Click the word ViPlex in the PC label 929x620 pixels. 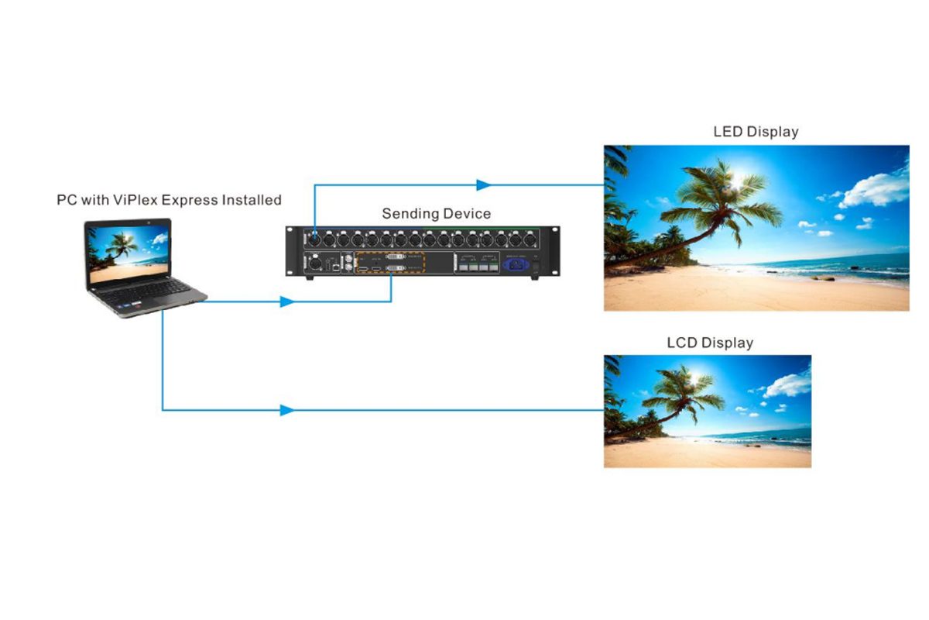[136, 200]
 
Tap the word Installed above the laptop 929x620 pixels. [252, 200]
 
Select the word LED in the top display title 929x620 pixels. [727, 132]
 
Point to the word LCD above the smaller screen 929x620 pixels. [681, 342]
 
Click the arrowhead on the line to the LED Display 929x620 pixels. [484, 185]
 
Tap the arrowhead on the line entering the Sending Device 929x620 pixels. [286, 301]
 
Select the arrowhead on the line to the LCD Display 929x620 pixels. [286, 410]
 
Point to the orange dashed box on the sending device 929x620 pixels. [390, 262]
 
